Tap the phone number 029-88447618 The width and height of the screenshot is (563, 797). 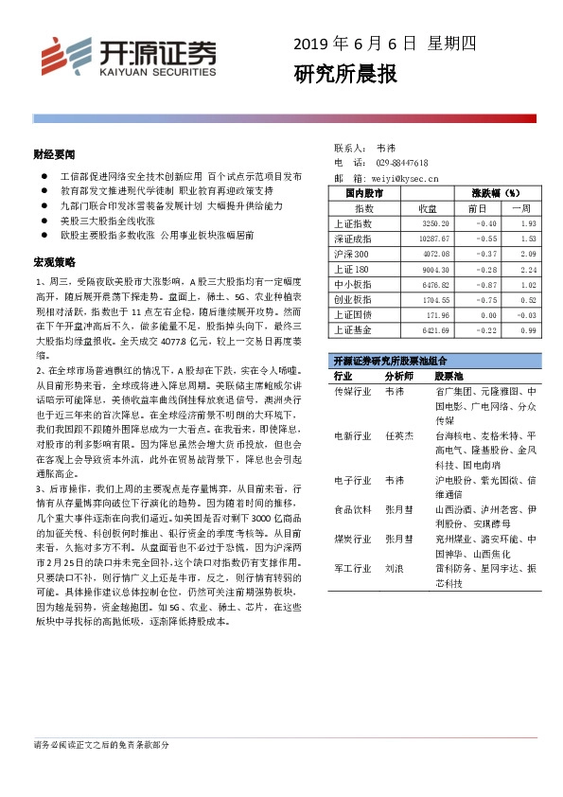click(x=402, y=163)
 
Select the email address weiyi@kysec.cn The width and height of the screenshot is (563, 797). click(x=405, y=177)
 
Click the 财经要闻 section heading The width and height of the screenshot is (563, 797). click(x=54, y=152)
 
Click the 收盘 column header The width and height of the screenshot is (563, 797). click(x=427, y=207)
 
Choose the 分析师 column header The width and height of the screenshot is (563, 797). click(x=401, y=376)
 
